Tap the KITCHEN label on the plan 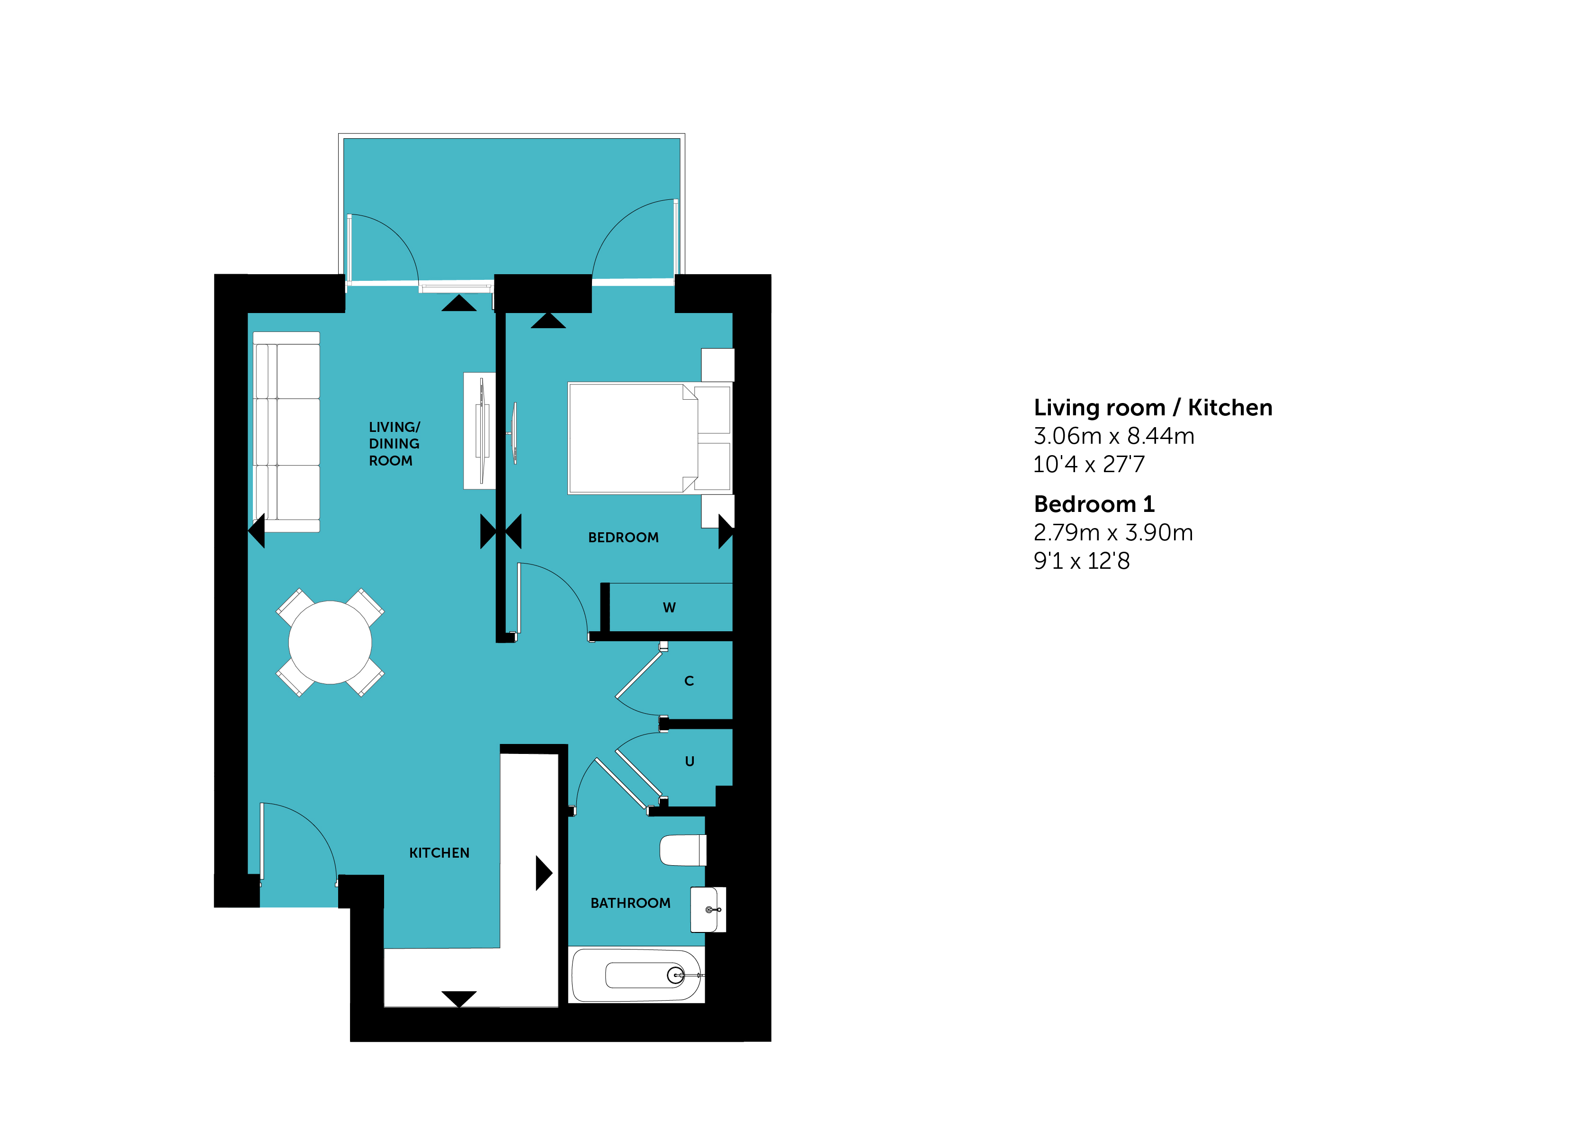point(439,853)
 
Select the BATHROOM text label point(630,903)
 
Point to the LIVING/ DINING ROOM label point(394,444)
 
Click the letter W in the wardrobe point(669,608)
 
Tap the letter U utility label point(690,761)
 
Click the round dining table point(330,642)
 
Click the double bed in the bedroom point(650,438)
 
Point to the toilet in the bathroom point(682,850)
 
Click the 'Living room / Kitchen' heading point(1153,407)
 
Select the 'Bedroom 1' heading point(1094,504)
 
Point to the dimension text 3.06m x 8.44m point(1113,436)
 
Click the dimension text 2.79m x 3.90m point(1113,532)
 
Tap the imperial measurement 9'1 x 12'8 point(1082,560)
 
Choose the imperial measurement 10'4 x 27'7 point(1089,464)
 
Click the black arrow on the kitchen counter point(544,873)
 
